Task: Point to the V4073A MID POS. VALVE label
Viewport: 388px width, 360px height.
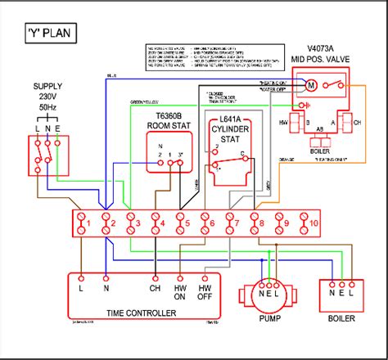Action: click(x=320, y=54)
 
